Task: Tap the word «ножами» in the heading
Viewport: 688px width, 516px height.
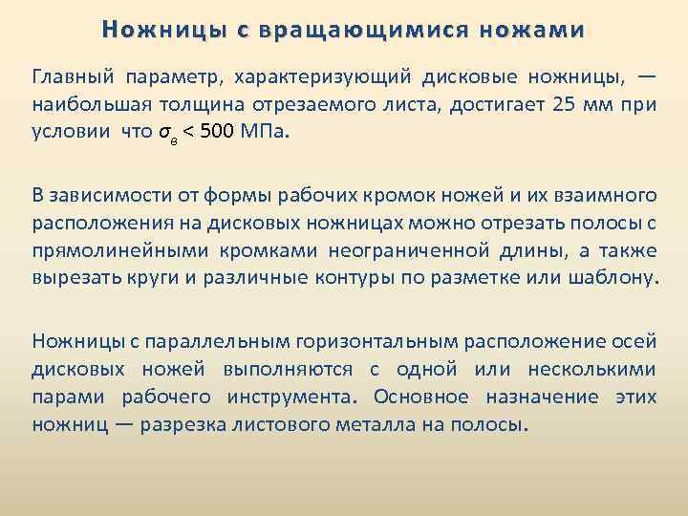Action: (x=532, y=30)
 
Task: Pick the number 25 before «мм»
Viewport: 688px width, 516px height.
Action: (x=566, y=104)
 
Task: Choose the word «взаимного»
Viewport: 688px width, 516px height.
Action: (x=607, y=196)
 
